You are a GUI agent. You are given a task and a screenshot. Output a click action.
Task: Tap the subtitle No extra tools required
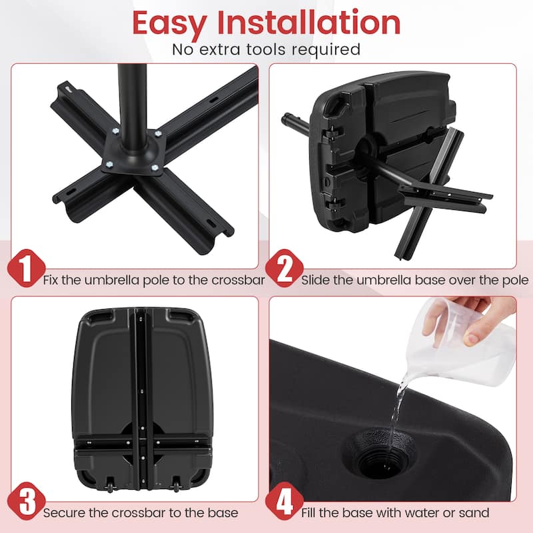tap(266, 49)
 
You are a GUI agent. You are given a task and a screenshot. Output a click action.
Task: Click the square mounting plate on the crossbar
tap(131, 152)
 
